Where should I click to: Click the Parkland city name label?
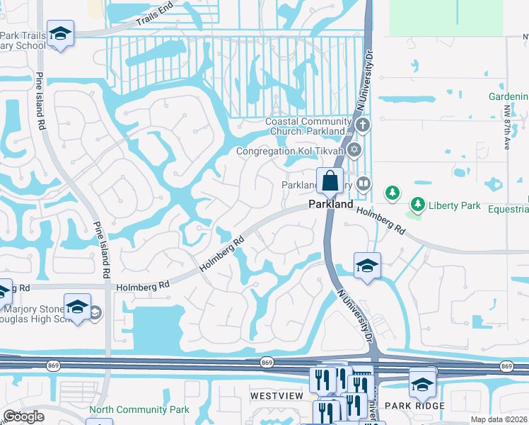(x=330, y=204)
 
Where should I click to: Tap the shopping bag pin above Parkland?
(x=330, y=181)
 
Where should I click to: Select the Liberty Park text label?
(x=455, y=205)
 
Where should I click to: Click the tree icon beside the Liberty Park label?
(x=418, y=205)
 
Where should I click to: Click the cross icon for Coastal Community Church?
(x=363, y=126)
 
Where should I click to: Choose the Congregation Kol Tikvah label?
(x=290, y=151)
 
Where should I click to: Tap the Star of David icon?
(x=354, y=150)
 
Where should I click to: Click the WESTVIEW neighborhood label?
(x=277, y=394)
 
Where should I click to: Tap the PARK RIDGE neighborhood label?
(x=414, y=405)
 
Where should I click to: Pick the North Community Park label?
(x=139, y=409)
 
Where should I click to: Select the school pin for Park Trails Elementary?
(x=61, y=33)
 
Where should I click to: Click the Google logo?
(x=23, y=416)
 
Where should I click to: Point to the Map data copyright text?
(x=499, y=419)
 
